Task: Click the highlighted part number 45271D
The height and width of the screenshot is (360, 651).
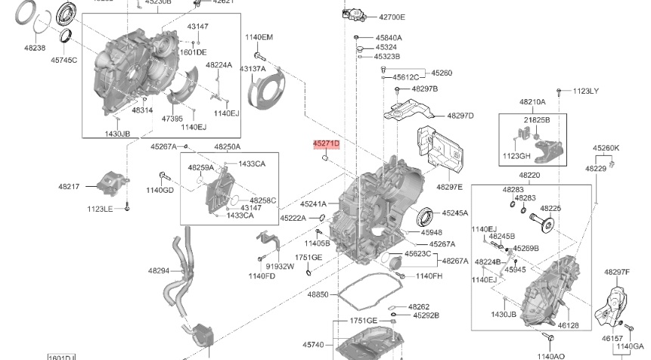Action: click(x=327, y=143)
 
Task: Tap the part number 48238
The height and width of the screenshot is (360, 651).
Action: click(x=34, y=47)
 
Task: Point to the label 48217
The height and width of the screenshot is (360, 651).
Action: click(x=70, y=185)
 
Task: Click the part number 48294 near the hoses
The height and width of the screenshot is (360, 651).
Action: click(x=160, y=270)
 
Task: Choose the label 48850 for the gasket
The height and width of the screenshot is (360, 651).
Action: click(x=318, y=293)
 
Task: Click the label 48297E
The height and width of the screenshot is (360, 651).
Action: click(x=449, y=186)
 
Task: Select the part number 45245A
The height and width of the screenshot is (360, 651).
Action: click(x=455, y=213)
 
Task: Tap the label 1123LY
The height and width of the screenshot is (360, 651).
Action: click(x=584, y=91)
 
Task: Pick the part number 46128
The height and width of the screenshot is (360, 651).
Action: click(x=568, y=324)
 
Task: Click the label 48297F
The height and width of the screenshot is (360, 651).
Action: click(x=616, y=272)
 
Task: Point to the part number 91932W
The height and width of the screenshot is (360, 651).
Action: click(x=280, y=266)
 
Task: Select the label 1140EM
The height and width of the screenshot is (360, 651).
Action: click(x=259, y=37)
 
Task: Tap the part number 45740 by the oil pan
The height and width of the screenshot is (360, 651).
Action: click(x=314, y=345)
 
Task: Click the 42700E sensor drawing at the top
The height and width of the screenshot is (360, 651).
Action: click(x=354, y=13)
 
